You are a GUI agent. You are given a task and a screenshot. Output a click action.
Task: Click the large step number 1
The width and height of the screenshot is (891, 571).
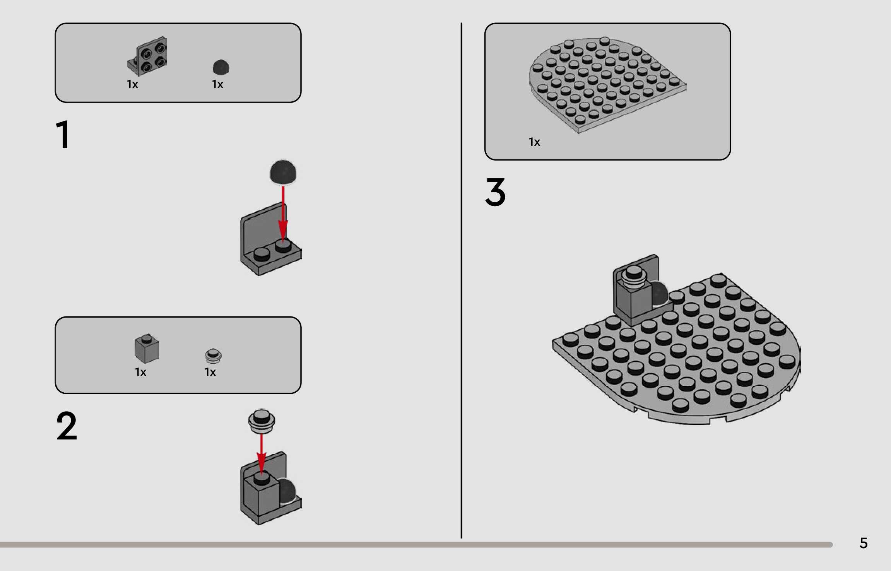[x=63, y=134]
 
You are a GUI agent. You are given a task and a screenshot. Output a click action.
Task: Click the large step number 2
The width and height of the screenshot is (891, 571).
[x=67, y=426]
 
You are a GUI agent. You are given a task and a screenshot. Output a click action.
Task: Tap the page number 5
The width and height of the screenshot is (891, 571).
[x=864, y=543]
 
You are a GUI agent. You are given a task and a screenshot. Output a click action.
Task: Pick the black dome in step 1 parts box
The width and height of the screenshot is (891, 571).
[x=221, y=67]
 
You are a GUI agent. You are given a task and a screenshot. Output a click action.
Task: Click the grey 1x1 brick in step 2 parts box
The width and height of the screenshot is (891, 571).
[x=147, y=349]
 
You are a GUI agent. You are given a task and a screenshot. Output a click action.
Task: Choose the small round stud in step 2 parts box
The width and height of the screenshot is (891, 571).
[x=213, y=356]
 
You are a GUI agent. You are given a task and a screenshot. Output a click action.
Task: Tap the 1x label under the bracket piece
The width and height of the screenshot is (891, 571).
[x=132, y=84]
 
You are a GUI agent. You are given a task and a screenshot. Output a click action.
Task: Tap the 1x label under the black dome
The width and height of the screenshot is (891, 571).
[x=217, y=84]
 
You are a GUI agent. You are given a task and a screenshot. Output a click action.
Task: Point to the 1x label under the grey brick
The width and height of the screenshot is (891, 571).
[x=140, y=372]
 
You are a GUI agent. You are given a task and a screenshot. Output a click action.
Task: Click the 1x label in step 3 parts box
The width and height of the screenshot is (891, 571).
[x=534, y=142]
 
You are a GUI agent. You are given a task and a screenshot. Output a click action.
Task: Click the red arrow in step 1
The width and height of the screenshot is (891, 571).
[x=283, y=214]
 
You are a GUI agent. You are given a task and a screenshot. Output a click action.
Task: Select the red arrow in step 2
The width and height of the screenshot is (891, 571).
[x=262, y=454]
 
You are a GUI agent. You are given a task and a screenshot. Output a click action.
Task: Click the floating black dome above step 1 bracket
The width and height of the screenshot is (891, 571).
[x=283, y=172]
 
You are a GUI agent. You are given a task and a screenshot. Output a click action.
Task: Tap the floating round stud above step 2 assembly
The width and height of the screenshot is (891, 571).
[x=262, y=421]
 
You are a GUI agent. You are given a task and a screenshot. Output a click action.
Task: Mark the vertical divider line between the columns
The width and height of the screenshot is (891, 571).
[x=461, y=280]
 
